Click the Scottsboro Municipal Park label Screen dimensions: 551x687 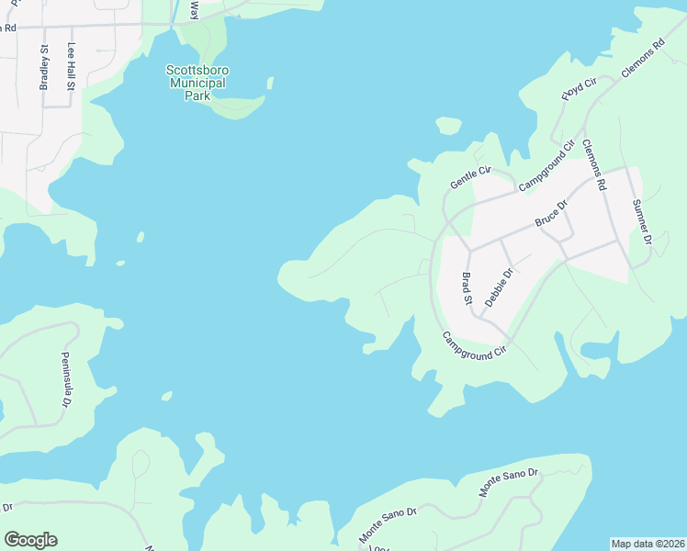coord(197,83)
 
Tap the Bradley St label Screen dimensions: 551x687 coord(43,68)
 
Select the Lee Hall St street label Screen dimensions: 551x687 coord(72,67)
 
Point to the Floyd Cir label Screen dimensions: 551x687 coord(580,90)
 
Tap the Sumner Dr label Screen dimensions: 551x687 coord(641,220)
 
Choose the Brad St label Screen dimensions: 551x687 coord(467,287)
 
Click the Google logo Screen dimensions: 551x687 coord(30,540)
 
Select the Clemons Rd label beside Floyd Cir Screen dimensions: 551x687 coord(642,58)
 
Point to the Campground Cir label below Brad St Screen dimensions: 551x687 coord(475,344)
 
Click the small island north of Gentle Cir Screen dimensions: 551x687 coord(448,125)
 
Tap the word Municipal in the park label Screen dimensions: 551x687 coord(197,83)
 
